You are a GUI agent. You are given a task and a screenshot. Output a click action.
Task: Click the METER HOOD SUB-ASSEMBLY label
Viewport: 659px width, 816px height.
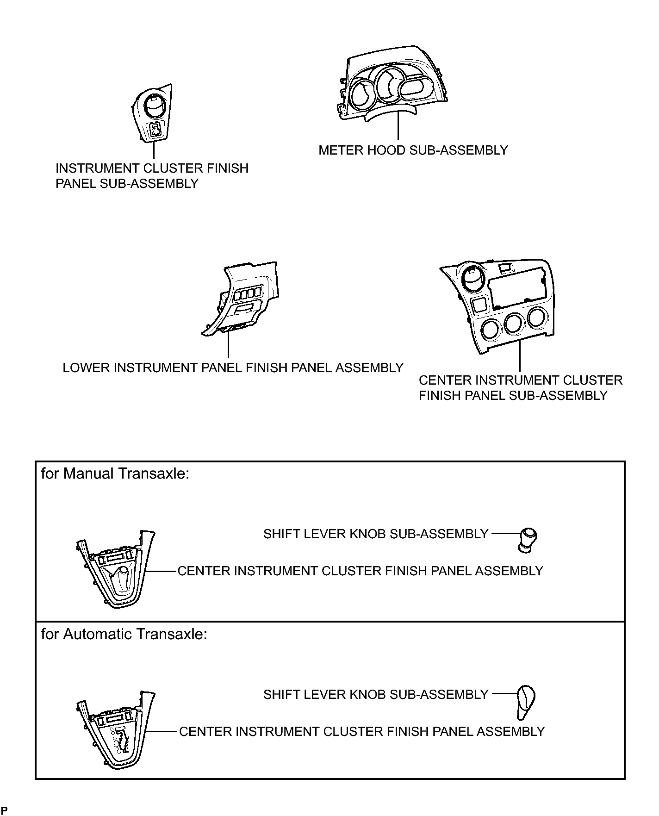(413, 150)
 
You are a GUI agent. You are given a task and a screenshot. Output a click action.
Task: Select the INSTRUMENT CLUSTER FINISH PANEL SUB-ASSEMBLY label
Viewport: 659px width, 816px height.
(152, 175)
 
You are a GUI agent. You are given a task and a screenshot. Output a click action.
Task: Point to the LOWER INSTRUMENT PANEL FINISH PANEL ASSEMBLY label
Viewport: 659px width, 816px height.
(233, 368)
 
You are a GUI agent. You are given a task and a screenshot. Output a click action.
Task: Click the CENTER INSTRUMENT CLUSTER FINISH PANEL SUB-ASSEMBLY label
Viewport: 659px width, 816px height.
(520, 388)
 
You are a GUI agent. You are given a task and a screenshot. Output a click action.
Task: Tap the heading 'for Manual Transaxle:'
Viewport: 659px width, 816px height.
(116, 473)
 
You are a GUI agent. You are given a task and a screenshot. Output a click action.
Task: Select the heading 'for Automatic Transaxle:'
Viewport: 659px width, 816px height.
(124, 634)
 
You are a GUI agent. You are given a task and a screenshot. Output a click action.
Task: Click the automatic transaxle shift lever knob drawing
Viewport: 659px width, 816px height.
(525, 702)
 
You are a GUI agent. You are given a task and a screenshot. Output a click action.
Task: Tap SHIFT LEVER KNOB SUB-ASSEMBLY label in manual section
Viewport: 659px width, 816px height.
(376, 534)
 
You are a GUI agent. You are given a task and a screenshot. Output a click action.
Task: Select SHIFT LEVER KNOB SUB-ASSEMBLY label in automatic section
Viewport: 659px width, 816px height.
(376, 694)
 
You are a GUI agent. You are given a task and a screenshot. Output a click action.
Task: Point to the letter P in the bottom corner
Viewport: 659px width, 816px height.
(4, 810)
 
